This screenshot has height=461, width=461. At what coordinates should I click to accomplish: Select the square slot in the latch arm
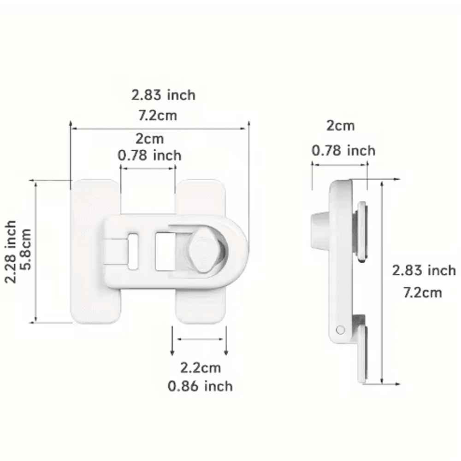click(165, 252)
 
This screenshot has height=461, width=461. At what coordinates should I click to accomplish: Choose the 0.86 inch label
click(200, 386)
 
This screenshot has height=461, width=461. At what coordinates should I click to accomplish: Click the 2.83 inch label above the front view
click(163, 95)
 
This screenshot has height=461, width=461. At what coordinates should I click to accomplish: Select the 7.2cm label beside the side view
click(422, 292)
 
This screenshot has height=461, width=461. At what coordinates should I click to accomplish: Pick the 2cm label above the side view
click(340, 126)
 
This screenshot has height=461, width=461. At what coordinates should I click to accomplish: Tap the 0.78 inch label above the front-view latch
click(149, 155)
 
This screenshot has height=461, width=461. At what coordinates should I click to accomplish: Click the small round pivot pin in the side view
click(341, 330)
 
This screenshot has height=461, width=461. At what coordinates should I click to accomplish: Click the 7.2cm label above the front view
click(158, 115)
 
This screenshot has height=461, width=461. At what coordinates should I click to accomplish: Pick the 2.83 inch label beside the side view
click(424, 271)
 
